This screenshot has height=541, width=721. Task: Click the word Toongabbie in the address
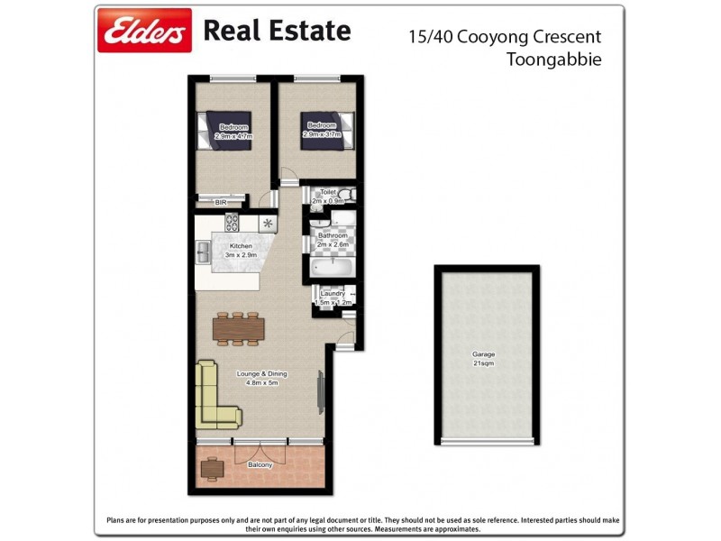tap(554, 60)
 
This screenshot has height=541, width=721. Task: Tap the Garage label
tap(485, 354)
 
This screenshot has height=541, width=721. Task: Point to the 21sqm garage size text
tap(485, 363)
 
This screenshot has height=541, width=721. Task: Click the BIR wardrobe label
tap(221, 203)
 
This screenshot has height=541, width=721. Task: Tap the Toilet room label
tap(328, 192)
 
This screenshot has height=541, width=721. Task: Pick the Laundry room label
tap(333, 293)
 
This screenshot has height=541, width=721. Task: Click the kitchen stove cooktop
tap(231, 222)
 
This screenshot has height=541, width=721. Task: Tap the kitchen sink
tap(203, 252)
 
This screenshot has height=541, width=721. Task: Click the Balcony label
tap(260, 465)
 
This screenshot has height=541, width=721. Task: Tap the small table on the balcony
tap(213, 467)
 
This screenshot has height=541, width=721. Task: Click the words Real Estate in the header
tap(277, 32)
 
